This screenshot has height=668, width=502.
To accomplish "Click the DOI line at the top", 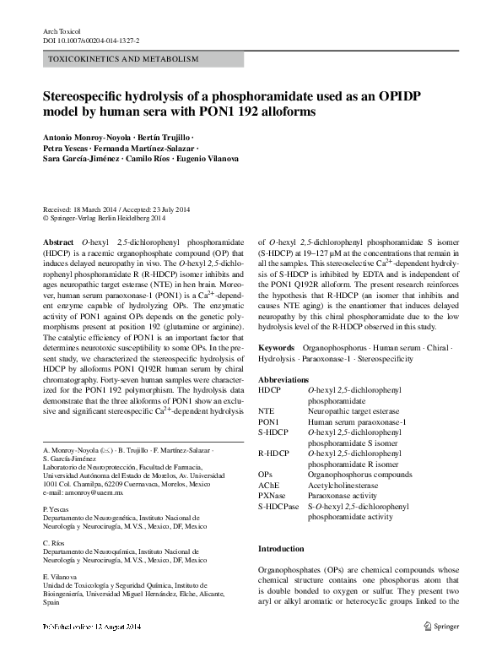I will tap(91, 40).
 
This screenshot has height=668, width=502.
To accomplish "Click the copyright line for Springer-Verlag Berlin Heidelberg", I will tap(113, 218).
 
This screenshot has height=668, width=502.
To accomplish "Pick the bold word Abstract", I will tap(58, 242).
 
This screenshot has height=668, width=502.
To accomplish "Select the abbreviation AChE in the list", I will tap(268, 485).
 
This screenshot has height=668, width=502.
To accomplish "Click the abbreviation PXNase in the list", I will tap(272, 496).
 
